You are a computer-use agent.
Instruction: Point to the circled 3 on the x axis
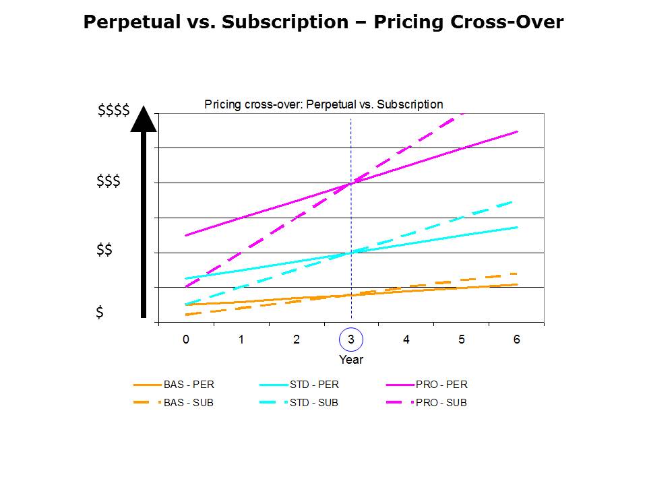tap(351, 339)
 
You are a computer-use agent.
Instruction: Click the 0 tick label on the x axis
tap(186, 339)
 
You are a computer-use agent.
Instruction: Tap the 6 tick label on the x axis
tap(516, 339)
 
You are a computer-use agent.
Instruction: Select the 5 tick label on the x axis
tap(462, 339)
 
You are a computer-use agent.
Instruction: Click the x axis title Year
tap(351, 360)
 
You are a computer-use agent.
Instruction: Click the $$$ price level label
tap(109, 181)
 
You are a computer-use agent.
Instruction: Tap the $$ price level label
tap(104, 251)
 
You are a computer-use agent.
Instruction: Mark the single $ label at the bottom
tap(100, 313)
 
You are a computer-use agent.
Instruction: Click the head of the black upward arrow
tap(143, 119)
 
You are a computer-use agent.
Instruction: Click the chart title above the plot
tap(323, 104)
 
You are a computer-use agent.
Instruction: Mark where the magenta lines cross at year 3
tap(351, 183)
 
